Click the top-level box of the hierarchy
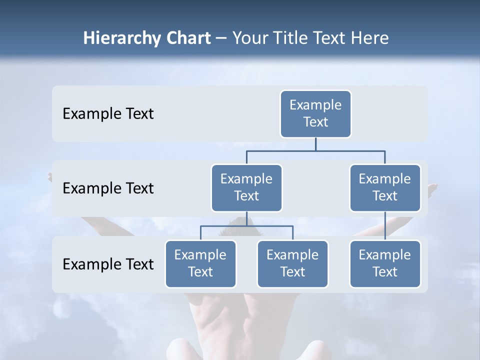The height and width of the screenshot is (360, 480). pyautogui.click(x=315, y=114)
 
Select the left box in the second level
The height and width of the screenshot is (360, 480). pyautogui.click(x=246, y=188)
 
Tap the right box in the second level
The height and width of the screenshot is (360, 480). pyautogui.click(x=385, y=188)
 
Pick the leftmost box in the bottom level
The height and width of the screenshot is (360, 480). pyautogui.click(x=200, y=264)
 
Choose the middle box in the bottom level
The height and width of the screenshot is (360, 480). pyautogui.click(x=292, y=264)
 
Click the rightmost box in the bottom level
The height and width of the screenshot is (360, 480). pyautogui.click(x=385, y=264)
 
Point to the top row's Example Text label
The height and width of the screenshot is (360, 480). pyautogui.click(x=108, y=114)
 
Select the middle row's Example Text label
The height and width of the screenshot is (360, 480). pyautogui.click(x=108, y=188)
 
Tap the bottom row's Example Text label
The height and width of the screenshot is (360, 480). pyautogui.click(x=108, y=264)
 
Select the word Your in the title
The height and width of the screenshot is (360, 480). pyautogui.click(x=250, y=38)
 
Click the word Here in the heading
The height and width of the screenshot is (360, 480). pyautogui.click(x=370, y=38)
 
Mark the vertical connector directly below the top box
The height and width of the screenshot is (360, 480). pyautogui.click(x=315, y=144)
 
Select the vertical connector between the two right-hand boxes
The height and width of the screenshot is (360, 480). pyautogui.click(x=385, y=226)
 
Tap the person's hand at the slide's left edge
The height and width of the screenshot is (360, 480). pyautogui.click(x=50, y=176)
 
